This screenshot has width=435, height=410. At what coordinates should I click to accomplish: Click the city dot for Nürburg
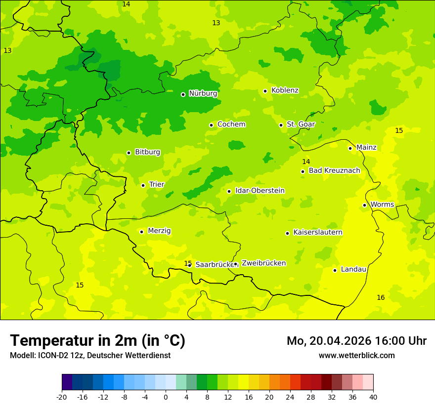click(183, 94)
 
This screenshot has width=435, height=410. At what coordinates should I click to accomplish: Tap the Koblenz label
click(285, 90)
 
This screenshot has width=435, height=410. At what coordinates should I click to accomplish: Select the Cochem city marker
click(211, 125)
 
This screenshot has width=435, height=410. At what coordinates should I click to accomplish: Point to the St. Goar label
click(301, 124)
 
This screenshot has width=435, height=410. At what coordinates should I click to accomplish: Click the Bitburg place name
click(147, 152)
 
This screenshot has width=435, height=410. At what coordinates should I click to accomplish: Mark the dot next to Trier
click(143, 185)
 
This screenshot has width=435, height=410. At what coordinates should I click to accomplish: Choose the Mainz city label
click(366, 147)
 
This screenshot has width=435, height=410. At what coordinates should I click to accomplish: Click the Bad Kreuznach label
click(334, 170)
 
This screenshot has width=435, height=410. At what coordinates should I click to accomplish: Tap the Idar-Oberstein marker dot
click(229, 191)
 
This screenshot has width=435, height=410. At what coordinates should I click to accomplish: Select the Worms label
click(382, 205)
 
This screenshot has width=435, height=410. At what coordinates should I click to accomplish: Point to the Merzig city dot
click(141, 232)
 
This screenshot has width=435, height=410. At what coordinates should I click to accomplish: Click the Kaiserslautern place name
click(318, 232)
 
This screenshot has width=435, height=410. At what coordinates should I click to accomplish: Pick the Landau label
click(353, 269)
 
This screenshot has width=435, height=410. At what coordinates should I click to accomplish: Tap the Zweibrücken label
click(263, 263)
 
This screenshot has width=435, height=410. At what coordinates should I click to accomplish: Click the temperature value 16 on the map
click(381, 297)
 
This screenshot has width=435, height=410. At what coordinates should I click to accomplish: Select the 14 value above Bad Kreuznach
click(306, 162)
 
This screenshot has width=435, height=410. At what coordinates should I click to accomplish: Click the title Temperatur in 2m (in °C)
click(97, 340)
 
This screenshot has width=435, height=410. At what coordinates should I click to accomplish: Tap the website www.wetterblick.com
click(356, 355)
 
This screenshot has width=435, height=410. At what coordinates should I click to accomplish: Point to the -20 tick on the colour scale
click(62, 397)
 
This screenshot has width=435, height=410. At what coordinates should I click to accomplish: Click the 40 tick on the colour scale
click(373, 397)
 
